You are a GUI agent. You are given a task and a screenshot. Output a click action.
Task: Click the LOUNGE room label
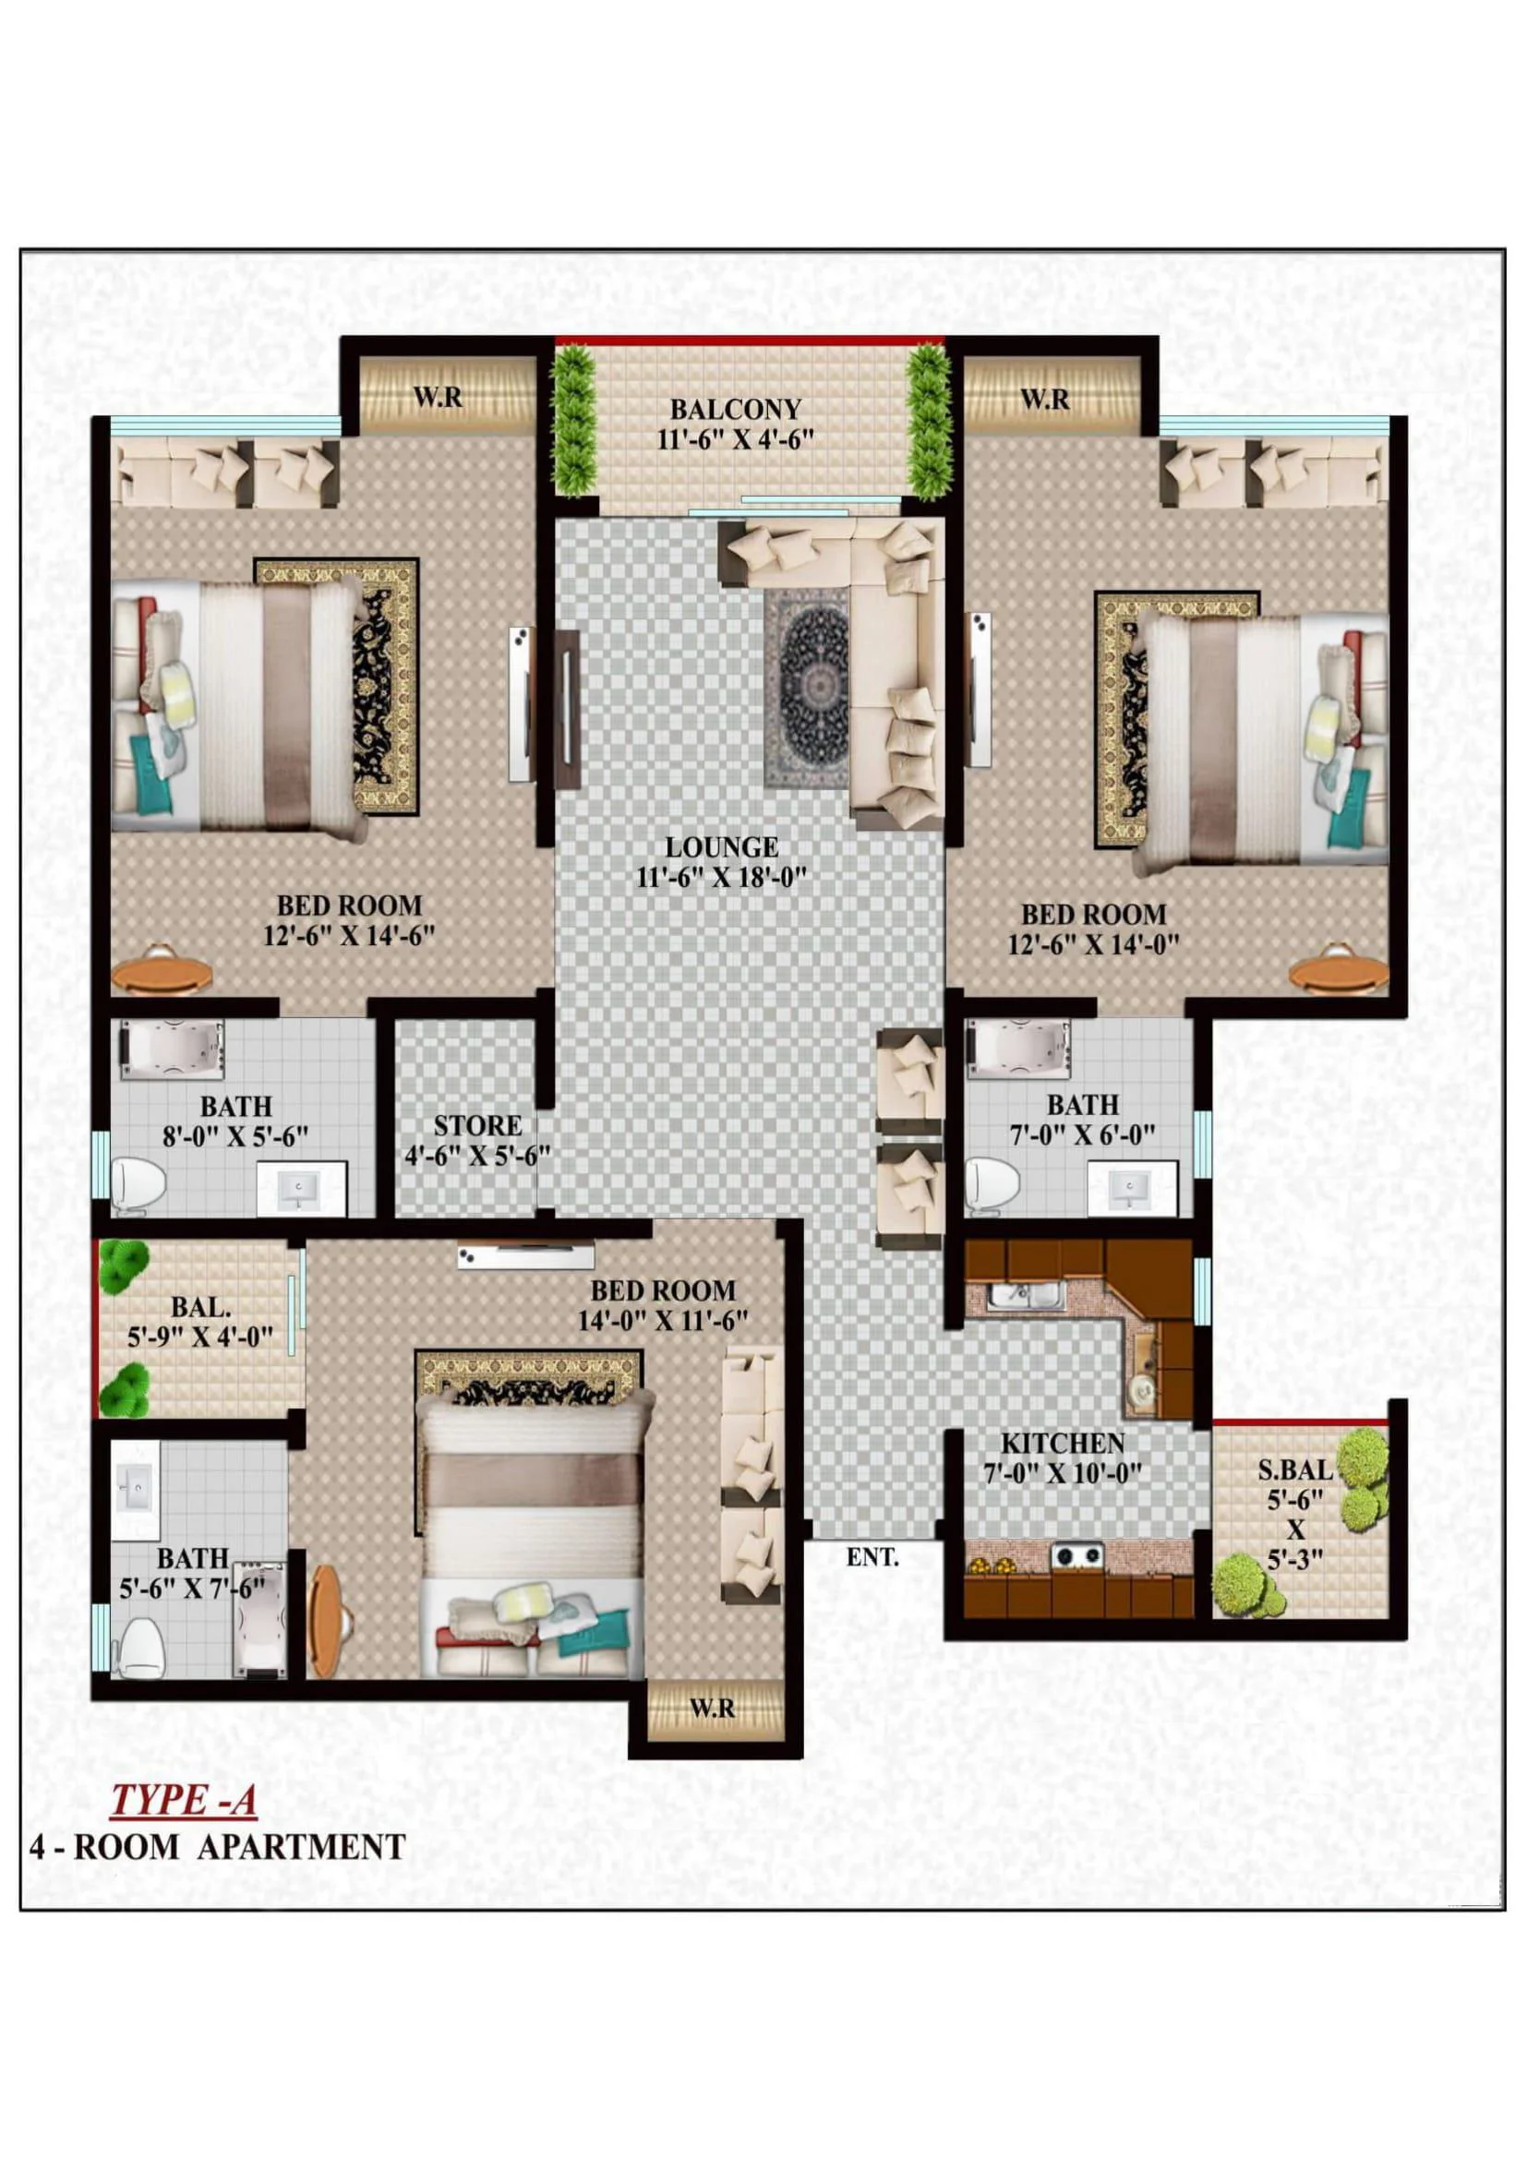pyautogui.click(x=722, y=847)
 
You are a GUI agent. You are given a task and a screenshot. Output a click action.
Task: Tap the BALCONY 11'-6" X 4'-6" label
pyautogui.click(x=735, y=424)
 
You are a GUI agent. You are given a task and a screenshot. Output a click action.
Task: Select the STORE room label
pyautogui.click(x=477, y=1125)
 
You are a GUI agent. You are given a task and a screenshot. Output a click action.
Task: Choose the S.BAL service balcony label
pyautogui.click(x=1295, y=1469)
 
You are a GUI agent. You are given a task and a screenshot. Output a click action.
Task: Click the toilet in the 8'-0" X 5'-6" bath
pyautogui.click(x=139, y=1182)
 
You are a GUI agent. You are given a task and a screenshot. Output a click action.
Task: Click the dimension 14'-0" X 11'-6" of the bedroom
pyautogui.click(x=663, y=1320)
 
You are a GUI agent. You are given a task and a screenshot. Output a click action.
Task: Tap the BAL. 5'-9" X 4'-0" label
pyautogui.click(x=200, y=1321)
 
